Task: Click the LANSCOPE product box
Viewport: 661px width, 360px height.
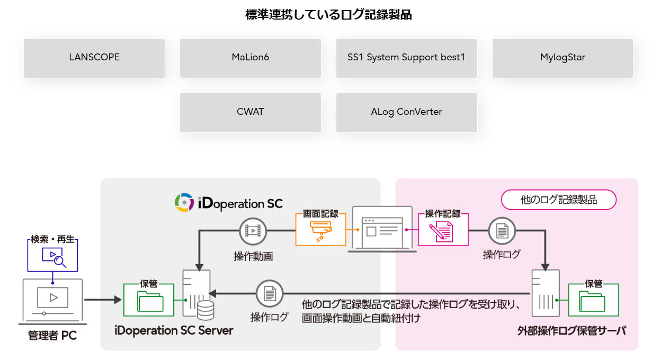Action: [94, 58]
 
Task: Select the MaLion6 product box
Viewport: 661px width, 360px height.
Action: [251, 58]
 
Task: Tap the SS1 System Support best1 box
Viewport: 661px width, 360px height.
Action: [406, 58]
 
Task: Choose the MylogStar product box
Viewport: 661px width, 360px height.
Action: [562, 58]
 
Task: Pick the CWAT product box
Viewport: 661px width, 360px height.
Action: [251, 112]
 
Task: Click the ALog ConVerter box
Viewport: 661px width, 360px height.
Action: [406, 112]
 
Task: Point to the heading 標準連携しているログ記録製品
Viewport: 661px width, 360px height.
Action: [328, 15]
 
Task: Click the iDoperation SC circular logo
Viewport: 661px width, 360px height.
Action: [184, 203]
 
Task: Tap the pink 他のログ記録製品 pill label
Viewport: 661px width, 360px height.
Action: [559, 200]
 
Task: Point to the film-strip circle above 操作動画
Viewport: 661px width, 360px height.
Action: [253, 231]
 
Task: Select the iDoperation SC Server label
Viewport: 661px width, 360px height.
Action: [174, 330]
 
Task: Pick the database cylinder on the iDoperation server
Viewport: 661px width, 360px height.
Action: [204, 310]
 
